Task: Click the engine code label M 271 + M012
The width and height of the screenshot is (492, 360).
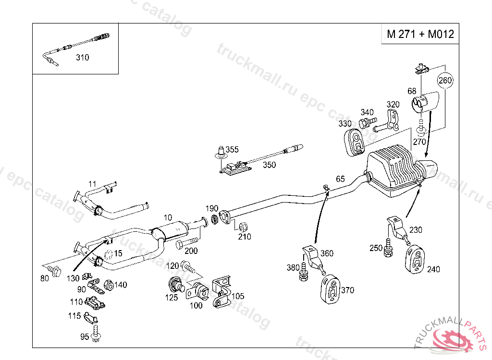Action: (x=420, y=35)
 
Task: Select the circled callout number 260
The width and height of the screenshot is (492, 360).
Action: (x=445, y=80)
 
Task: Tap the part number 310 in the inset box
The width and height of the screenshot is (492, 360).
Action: (x=82, y=58)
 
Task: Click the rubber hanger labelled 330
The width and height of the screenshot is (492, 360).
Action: (x=357, y=141)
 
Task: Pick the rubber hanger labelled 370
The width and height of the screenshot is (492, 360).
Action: (x=330, y=289)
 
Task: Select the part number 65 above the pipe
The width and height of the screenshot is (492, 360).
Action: (x=340, y=179)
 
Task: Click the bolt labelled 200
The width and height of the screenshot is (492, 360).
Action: (x=187, y=243)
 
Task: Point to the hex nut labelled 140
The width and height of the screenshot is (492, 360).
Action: (x=109, y=285)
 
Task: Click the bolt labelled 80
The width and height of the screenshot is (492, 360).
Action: (x=54, y=271)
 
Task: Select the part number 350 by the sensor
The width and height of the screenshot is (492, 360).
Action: (x=269, y=165)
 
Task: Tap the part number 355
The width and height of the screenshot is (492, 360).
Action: (x=232, y=150)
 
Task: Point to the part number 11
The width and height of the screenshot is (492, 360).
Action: (x=92, y=183)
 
